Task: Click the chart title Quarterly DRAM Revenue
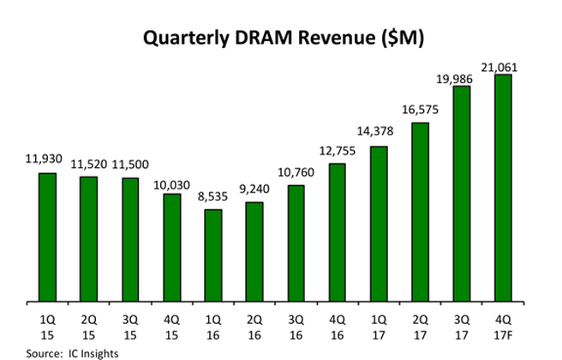[282, 38]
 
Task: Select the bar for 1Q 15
[47, 238]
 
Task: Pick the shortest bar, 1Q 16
[212, 256]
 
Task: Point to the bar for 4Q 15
[171, 249]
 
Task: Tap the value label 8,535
[212, 199]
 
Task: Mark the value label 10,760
[295, 174]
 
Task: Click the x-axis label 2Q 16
[254, 326]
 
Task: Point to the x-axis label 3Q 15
[130, 326]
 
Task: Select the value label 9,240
[254, 191]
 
